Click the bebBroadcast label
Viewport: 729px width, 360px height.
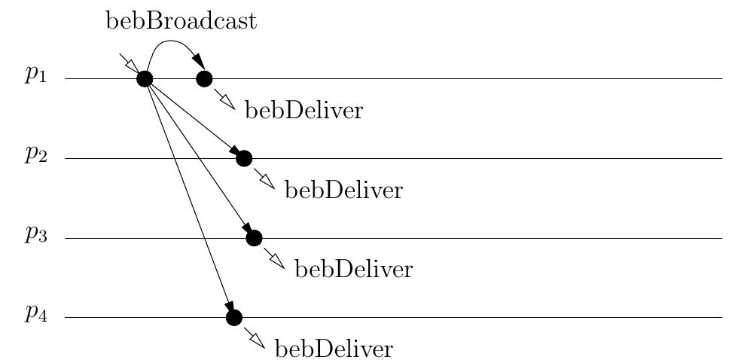[x=181, y=21]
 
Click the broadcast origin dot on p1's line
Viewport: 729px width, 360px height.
[x=145, y=78]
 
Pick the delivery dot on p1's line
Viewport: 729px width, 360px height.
[x=204, y=78]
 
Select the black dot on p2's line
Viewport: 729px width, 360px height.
[x=243, y=158]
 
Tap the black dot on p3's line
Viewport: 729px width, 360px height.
[x=254, y=238]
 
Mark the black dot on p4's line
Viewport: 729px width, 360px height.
[x=234, y=318]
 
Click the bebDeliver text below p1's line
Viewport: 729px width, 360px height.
[x=303, y=111]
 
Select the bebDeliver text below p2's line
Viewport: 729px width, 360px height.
[x=343, y=191]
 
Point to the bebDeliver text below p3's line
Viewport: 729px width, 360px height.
[x=353, y=270]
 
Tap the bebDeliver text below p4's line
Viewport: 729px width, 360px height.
[x=333, y=350]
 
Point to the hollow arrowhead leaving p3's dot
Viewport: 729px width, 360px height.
[x=278, y=262]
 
